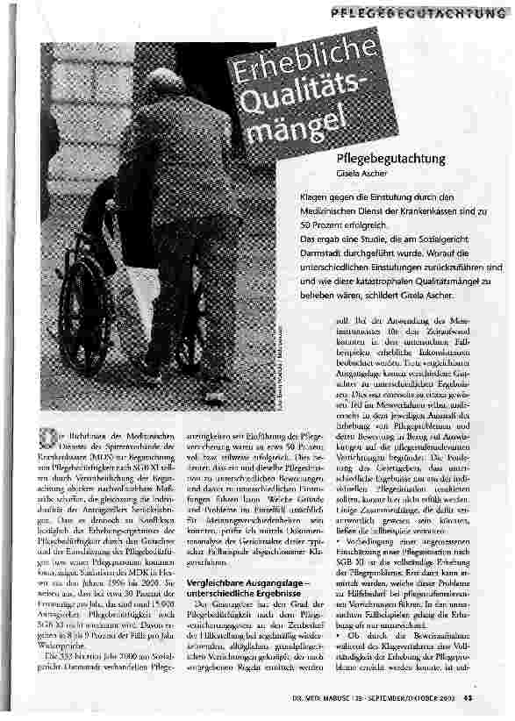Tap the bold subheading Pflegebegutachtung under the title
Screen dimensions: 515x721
tap(390, 159)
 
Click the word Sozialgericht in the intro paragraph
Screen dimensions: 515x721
tap(452, 239)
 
